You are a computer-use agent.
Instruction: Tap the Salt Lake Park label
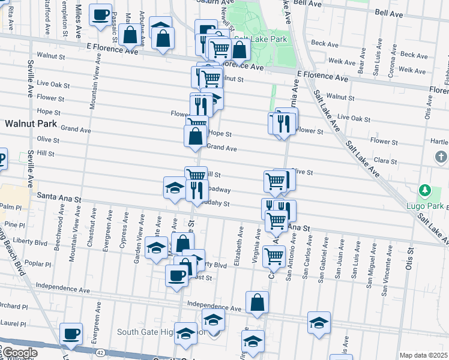[x=261, y=39]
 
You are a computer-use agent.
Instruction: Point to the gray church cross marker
[x=441, y=157]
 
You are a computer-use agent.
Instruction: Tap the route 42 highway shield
[x=100, y=352]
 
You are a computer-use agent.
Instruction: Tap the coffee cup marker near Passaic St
[x=100, y=14]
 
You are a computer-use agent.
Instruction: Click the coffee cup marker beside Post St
[x=176, y=276]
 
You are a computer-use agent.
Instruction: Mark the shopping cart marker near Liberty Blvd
[x=274, y=256]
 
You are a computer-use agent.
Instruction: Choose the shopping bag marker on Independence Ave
[x=257, y=302]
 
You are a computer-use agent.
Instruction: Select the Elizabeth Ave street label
[x=241, y=245]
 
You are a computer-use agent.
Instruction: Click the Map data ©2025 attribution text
[x=423, y=355]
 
